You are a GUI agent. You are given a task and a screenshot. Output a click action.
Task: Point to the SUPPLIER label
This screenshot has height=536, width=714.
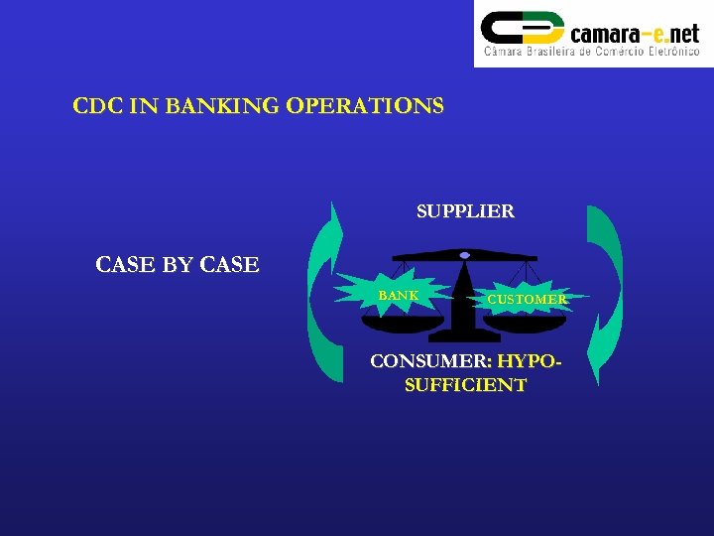click(x=465, y=211)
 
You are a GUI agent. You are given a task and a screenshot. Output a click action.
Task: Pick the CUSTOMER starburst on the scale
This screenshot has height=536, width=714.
click(x=527, y=299)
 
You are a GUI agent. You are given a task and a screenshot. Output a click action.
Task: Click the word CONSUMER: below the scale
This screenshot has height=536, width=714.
click(x=431, y=361)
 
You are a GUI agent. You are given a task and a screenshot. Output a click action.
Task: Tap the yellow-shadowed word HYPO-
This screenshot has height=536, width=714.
click(x=530, y=361)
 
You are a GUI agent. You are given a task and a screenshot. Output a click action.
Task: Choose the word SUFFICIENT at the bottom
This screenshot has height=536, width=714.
click(x=465, y=385)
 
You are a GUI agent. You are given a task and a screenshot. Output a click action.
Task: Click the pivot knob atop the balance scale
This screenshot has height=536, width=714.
click(x=464, y=255)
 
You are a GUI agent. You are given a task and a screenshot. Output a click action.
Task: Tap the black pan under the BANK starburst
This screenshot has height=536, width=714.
click(x=399, y=320)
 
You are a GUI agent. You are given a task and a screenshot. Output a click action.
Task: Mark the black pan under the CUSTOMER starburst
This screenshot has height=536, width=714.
click(x=525, y=323)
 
